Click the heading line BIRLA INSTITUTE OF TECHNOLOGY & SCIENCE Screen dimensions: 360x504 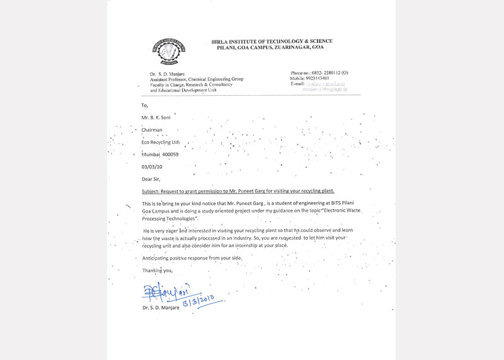pyautogui.click(x=268, y=42)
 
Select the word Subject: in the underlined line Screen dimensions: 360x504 pyautogui.click(x=154, y=191)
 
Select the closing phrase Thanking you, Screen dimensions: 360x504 pyautogui.click(x=157, y=270)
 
